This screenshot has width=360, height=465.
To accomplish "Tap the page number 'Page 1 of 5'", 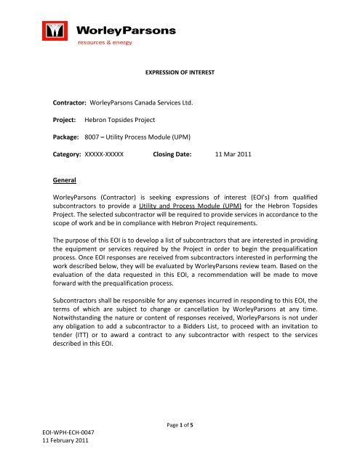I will (x=179, y=435).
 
